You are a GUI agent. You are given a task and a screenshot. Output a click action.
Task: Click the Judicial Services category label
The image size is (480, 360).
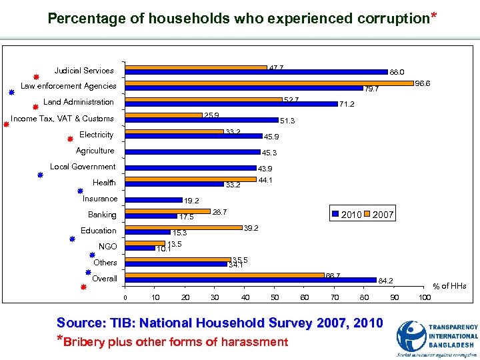pos(84,70)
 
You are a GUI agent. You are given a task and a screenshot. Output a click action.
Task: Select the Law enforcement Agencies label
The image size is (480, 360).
pos(69,86)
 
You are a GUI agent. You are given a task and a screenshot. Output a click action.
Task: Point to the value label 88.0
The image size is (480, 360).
pos(397,72)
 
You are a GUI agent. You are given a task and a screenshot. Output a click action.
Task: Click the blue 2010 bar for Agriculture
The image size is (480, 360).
pos(193,152)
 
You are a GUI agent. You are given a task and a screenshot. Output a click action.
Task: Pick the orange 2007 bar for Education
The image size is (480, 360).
pos(184,227)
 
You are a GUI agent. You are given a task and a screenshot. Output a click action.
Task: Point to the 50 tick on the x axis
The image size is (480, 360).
pos(275,297)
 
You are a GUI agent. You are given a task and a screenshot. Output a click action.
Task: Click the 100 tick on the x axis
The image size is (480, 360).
pos(423,297)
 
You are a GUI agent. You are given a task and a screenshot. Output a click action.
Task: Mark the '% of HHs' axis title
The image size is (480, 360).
pos(450,286)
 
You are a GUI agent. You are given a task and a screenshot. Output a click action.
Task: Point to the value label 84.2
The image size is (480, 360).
pos(385,281)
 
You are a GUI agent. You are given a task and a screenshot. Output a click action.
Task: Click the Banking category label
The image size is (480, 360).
pos(102,215)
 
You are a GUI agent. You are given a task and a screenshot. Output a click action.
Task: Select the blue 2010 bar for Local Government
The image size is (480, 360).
pos(191,168)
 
